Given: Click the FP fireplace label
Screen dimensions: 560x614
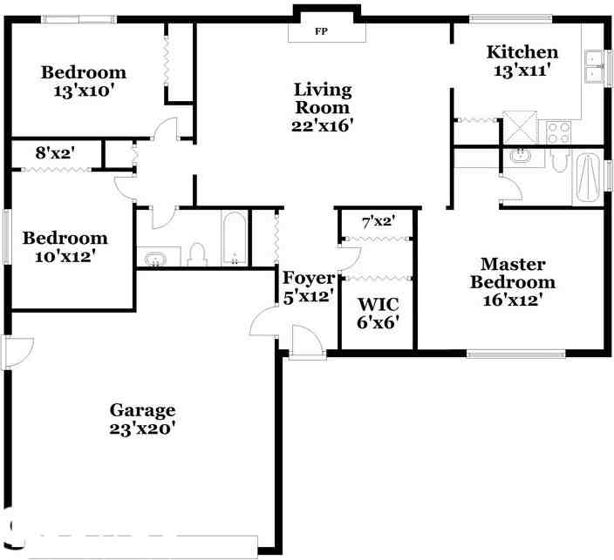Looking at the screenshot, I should pyautogui.click(x=322, y=31).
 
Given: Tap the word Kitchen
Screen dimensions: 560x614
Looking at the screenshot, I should pyautogui.click(x=522, y=52).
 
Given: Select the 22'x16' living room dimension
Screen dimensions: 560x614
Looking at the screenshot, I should pyautogui.click(x=322, y=125).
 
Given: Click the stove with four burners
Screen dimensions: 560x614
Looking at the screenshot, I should pyautogui.click(x=558, y=132).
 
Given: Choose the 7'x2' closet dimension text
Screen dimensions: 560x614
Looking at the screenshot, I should pyautogui.click(x=379, y=221).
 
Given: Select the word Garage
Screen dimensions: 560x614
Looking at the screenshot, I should pyautogui.click(x=142, y=410).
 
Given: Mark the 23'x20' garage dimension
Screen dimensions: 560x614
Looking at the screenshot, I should pyautogui.click(x=142, y=428).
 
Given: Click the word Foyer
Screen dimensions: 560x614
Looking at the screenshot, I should pyautogui.click(x=308, y=278).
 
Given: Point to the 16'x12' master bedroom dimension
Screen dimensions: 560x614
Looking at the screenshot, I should pyautogui.click(x=513, y=300).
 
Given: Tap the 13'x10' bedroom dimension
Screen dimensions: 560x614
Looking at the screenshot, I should pyautogui.click(x=84, y=91).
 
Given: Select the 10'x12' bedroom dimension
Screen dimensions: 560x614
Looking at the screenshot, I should pyautogui.click(x=65, y=257).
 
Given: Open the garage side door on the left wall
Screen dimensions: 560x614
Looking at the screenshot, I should pyautogui.click(x=17, y=351).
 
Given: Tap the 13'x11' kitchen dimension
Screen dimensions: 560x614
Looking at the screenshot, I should pyautogui.click(x=522, y=71).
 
